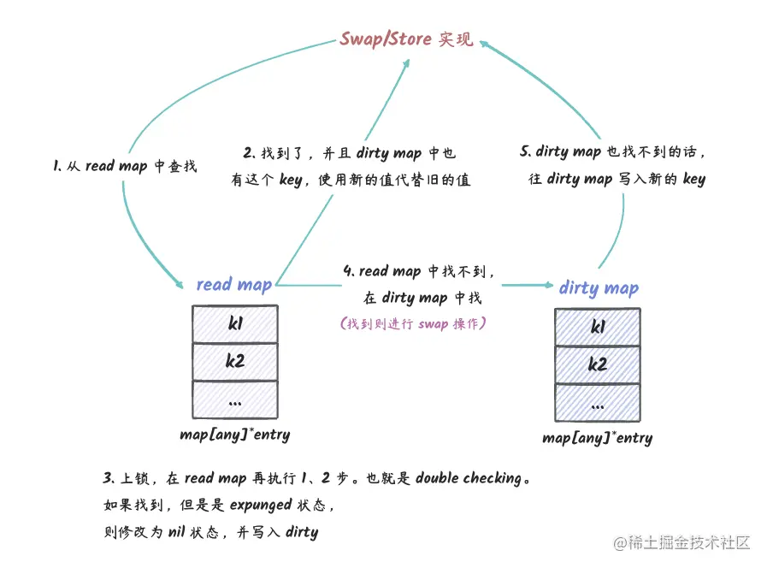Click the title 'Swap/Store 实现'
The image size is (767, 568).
(x=406, y=38)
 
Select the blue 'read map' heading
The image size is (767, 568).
(x=233, y=284)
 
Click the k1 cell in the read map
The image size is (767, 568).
(x=235, y=323)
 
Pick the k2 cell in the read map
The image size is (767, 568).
(x=235, y=361)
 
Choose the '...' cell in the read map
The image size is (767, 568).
(x=235, y=399)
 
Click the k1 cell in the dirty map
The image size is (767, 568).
(x=598, y=327)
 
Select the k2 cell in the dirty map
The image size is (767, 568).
(x=598, y=364)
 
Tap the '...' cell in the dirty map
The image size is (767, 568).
(x=598, y=403)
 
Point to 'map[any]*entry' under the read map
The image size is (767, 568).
(x=234, y=435)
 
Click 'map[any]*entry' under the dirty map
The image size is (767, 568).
(x=597, y=438)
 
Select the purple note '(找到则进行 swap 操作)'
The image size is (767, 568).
(x=413, y=324)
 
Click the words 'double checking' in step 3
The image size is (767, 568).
(x=468, y=478)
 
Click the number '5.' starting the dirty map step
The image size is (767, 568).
(x=525, y=151)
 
